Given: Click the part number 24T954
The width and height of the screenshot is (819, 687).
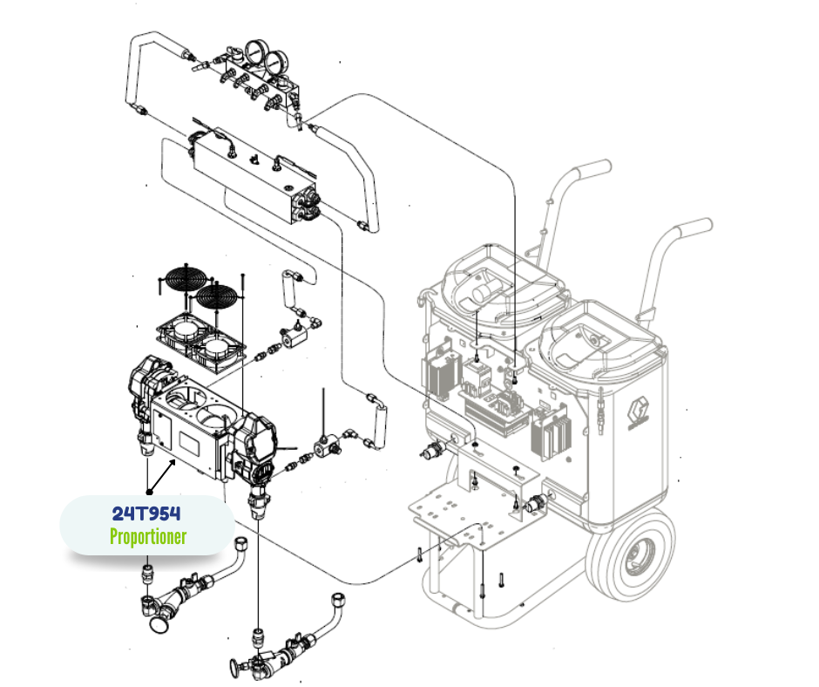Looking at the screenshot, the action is click(146, 514).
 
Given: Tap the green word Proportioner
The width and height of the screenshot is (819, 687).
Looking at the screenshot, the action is click(148, 536).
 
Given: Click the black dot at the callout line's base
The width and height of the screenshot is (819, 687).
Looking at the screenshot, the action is click(149, 492).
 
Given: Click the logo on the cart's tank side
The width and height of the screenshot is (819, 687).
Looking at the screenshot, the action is click(639, 413).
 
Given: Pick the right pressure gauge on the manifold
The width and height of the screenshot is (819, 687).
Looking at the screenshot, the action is click(275, 63).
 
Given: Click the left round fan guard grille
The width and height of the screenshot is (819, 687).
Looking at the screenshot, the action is click(182, 278).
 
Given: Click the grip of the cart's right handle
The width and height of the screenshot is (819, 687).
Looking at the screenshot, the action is click(694, 228).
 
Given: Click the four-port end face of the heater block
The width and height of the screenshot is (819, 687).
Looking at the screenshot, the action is click(306, 207).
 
